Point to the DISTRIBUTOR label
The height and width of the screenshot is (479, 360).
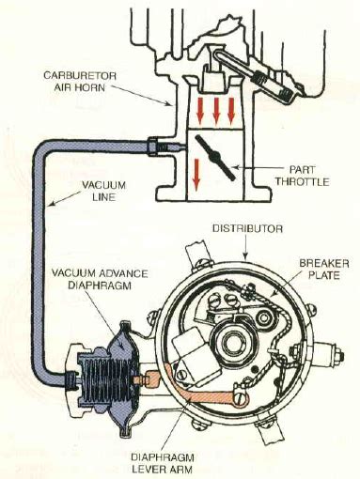[x=247, y=228]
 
